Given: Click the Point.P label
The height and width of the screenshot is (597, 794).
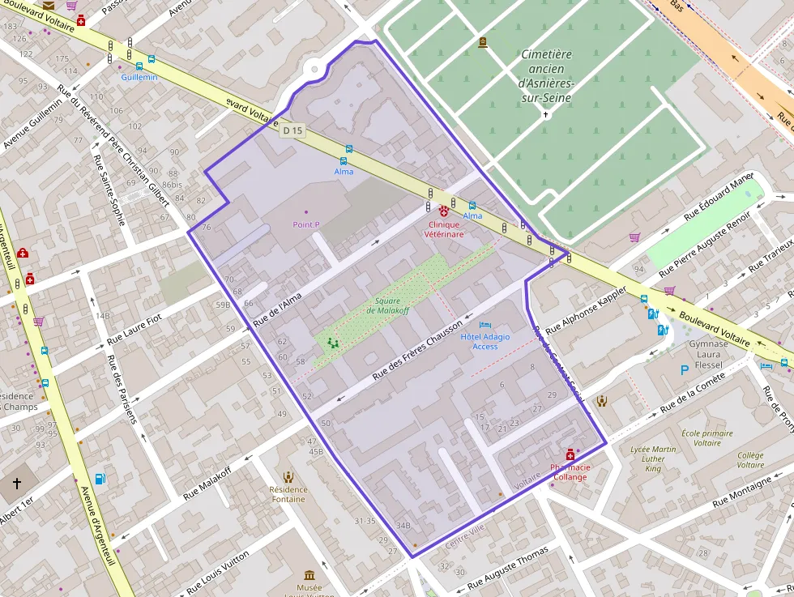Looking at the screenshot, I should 306,224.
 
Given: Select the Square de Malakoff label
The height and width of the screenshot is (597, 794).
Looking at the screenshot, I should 383,305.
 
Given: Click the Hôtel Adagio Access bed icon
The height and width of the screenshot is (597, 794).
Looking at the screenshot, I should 485,325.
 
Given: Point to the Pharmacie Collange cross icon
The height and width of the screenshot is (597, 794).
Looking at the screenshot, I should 570,455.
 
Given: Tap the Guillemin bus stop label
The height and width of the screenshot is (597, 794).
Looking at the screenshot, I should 139,77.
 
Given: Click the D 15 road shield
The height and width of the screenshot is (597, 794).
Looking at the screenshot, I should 292,130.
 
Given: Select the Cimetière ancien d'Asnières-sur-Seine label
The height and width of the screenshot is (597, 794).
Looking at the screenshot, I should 545,76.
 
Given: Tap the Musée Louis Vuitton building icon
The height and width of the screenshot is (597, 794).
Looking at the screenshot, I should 309,575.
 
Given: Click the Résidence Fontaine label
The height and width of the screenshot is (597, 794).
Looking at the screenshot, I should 288,494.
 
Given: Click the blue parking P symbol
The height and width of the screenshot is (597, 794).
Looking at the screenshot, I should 685,369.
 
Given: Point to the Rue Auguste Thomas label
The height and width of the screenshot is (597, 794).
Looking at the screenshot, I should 507,567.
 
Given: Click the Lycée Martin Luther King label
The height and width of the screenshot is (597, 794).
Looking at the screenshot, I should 653,458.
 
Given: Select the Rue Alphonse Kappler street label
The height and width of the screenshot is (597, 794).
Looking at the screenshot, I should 587,310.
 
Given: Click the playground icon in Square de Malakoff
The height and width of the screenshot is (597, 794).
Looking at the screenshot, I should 332,343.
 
